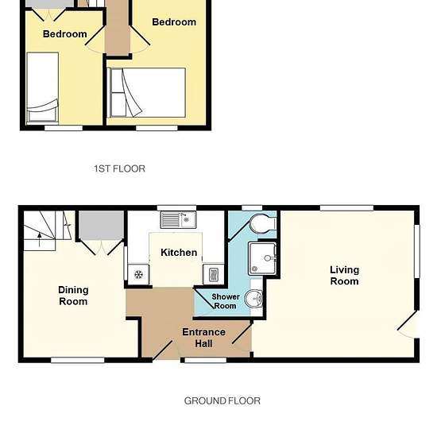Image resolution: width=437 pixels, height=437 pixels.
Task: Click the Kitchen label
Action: tap(179, 253)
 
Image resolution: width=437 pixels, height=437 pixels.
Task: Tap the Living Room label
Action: tap(345, 276)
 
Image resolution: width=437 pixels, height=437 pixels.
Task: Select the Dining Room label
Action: tap(73, 296)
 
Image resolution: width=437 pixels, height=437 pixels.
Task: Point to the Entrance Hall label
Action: tap(203, 338)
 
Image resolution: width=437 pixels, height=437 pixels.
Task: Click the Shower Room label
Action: tap(226, 301)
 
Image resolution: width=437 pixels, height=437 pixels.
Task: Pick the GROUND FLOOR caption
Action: tap(222, 400)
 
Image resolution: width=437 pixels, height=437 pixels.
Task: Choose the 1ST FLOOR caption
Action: tap(119, 168)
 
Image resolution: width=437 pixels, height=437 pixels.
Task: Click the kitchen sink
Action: tap(178, 220)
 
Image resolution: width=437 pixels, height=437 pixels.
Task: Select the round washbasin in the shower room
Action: tap(253, 299)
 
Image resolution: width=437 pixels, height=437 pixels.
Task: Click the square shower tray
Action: tap(262, 259)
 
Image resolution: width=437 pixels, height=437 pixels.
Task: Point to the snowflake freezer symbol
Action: tap(138, 275)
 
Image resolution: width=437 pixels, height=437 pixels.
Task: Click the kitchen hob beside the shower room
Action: tap(213, 275)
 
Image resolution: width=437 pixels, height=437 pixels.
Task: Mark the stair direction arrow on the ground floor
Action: tap(40, 240)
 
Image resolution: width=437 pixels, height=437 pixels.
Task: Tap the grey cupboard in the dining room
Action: tap(101, 225)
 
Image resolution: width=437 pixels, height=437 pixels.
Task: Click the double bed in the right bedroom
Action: tap(147, 92)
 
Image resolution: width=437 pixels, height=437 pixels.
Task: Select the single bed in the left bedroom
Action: tap(43, 87)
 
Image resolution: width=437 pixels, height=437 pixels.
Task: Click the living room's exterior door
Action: tap(408, 324)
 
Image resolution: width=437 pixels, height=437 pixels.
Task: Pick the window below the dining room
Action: tap(78, 360)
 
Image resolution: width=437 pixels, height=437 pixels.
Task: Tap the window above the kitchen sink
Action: tap(176, 208)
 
